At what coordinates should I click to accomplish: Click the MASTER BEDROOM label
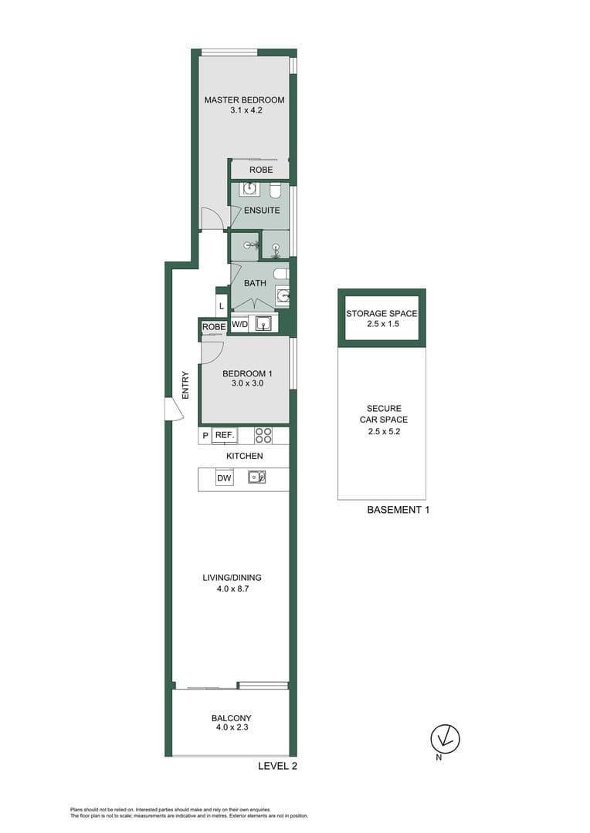244,99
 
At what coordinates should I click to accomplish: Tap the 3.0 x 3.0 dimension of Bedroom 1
247,383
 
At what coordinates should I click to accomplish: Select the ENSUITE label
262,211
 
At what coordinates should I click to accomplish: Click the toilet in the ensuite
275,191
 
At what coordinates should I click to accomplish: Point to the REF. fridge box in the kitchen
225,436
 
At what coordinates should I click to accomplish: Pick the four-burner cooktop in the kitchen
263,436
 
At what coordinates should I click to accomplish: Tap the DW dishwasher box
224,478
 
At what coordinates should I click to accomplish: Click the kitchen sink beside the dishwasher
257,477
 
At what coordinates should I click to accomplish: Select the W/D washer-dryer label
239,324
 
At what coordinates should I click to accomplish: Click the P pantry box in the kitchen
205,436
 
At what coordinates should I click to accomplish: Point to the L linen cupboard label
222,306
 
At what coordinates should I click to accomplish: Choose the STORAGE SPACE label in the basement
381,314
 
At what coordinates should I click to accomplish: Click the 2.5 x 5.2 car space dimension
384,431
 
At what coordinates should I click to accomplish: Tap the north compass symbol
445,738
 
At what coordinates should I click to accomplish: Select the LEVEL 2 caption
277,766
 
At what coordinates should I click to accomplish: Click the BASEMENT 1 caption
398,510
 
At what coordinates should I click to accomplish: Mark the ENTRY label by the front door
185,385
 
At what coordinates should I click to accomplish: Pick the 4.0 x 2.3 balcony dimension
232,727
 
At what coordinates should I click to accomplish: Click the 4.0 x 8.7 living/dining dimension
232,588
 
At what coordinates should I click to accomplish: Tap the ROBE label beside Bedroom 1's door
214,327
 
